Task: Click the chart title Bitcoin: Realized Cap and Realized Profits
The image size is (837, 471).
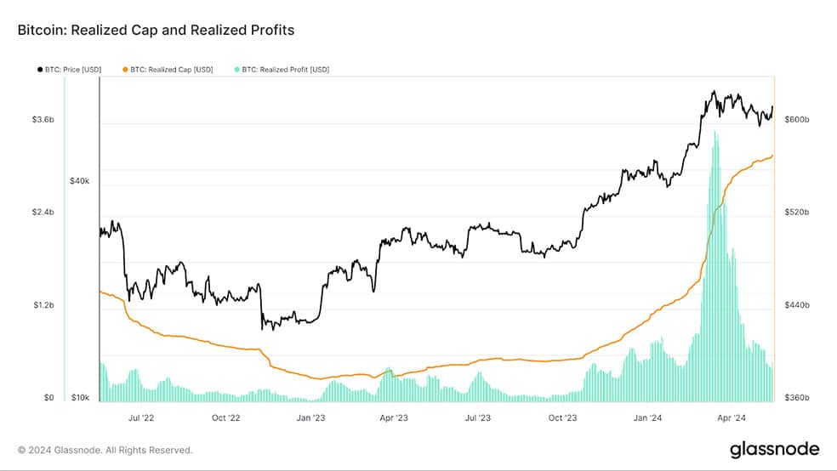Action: tap(156, 30)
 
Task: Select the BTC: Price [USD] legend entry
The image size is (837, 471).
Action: tap(70, 70)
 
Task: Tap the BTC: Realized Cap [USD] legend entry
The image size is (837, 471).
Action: tap(168, 70)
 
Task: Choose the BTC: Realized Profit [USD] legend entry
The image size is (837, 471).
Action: tap(282, 70)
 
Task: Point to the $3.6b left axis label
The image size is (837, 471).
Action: tap(43, 120)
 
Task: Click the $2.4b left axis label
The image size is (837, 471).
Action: tap(43, 213)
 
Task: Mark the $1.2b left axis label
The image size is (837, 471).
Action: tap(43, 305)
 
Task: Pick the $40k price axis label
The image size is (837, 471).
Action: tap(80, 181)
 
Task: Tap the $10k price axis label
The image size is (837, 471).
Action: tap(80, 397)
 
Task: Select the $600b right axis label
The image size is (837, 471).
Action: tap(796, 120)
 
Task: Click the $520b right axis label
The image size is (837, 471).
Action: tap(796, 213)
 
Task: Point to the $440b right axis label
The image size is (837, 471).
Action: tap(796, 305)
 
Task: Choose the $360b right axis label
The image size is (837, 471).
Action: tap(796, 397)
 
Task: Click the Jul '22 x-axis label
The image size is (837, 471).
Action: tap(141, 417)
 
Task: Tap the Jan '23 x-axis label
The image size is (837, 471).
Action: tap(310, 417)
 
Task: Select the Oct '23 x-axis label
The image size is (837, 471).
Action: tap(562, 417)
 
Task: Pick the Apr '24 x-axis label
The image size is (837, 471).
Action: tap(732, 417)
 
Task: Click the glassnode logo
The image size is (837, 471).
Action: tap(775, 449)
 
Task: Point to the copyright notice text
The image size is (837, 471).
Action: tap(105, 451)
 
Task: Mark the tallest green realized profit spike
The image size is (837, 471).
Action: tap(715, 267)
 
